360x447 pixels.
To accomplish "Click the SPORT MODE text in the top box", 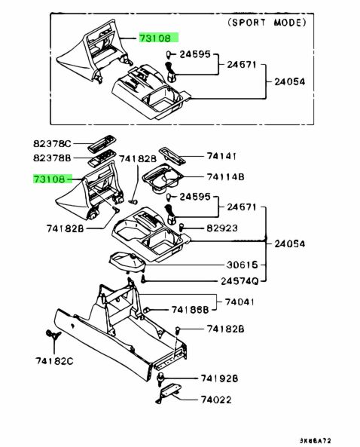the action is tap(267, 23).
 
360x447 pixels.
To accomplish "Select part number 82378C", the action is tap(52, 143).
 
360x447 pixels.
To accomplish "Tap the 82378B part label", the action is tap(52, 158).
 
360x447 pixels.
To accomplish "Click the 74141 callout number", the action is tap(221, 156).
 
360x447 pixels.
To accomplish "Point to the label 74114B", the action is tap(226, 176).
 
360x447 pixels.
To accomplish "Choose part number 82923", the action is tap(222, 228).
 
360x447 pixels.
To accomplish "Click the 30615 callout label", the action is tap(242, 265).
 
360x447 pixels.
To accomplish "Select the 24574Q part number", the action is tap(239, 281).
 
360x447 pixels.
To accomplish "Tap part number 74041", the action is tap(239, 302).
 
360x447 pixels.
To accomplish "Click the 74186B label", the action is tap(190, 310).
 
